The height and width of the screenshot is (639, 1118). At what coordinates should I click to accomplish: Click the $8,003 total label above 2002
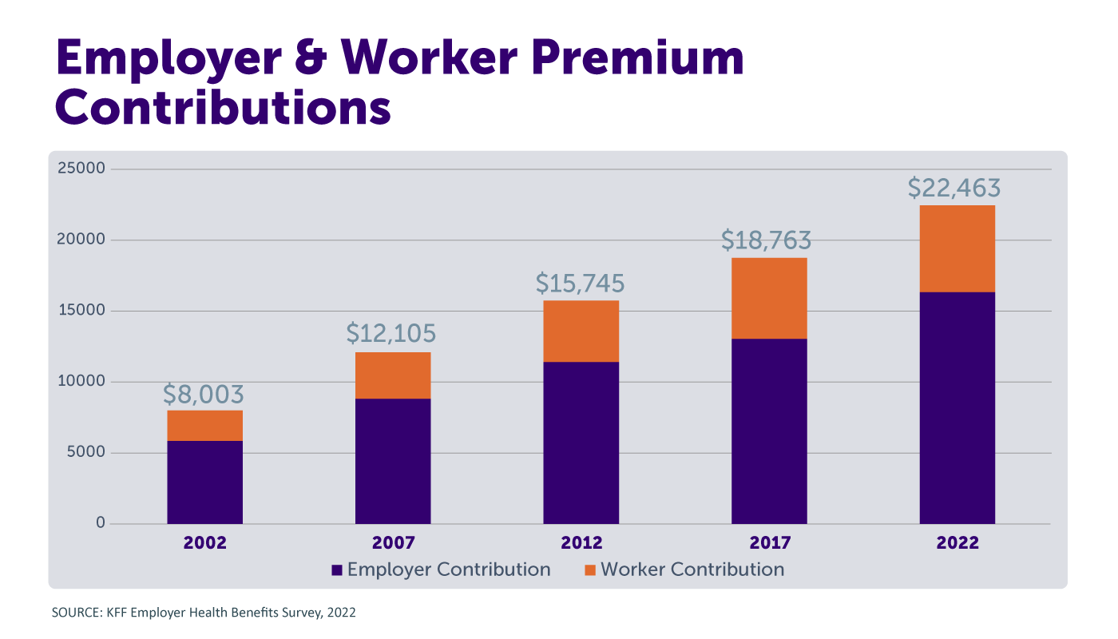tap(204, 395)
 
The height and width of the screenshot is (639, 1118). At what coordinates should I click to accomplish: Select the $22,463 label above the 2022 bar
tap(954, 188)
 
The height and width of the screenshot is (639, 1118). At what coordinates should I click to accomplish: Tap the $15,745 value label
tap(580, 284)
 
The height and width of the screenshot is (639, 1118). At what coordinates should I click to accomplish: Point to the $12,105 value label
tap(391, 334)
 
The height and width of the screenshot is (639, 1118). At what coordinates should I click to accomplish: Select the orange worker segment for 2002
tap(205, 426)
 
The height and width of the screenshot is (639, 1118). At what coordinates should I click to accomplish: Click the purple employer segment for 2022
tap(957, 407)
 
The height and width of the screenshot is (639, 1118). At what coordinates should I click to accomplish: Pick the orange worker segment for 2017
tap(769, 298)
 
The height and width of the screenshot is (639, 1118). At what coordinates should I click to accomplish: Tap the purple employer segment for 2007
tap(393, 461)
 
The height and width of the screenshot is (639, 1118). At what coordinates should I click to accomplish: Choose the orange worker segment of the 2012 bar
tap(581, 331)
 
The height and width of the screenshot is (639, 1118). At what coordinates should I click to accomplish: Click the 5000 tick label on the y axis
tap(84, 452)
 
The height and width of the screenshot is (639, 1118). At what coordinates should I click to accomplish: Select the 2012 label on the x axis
tap(581, 543)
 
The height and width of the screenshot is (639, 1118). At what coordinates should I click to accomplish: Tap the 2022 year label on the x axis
tap(957, 543)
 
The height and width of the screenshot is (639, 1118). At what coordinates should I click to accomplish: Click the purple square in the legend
tap(337, 570)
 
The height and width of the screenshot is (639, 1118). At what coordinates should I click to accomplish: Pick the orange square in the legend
tap(590, 570)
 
